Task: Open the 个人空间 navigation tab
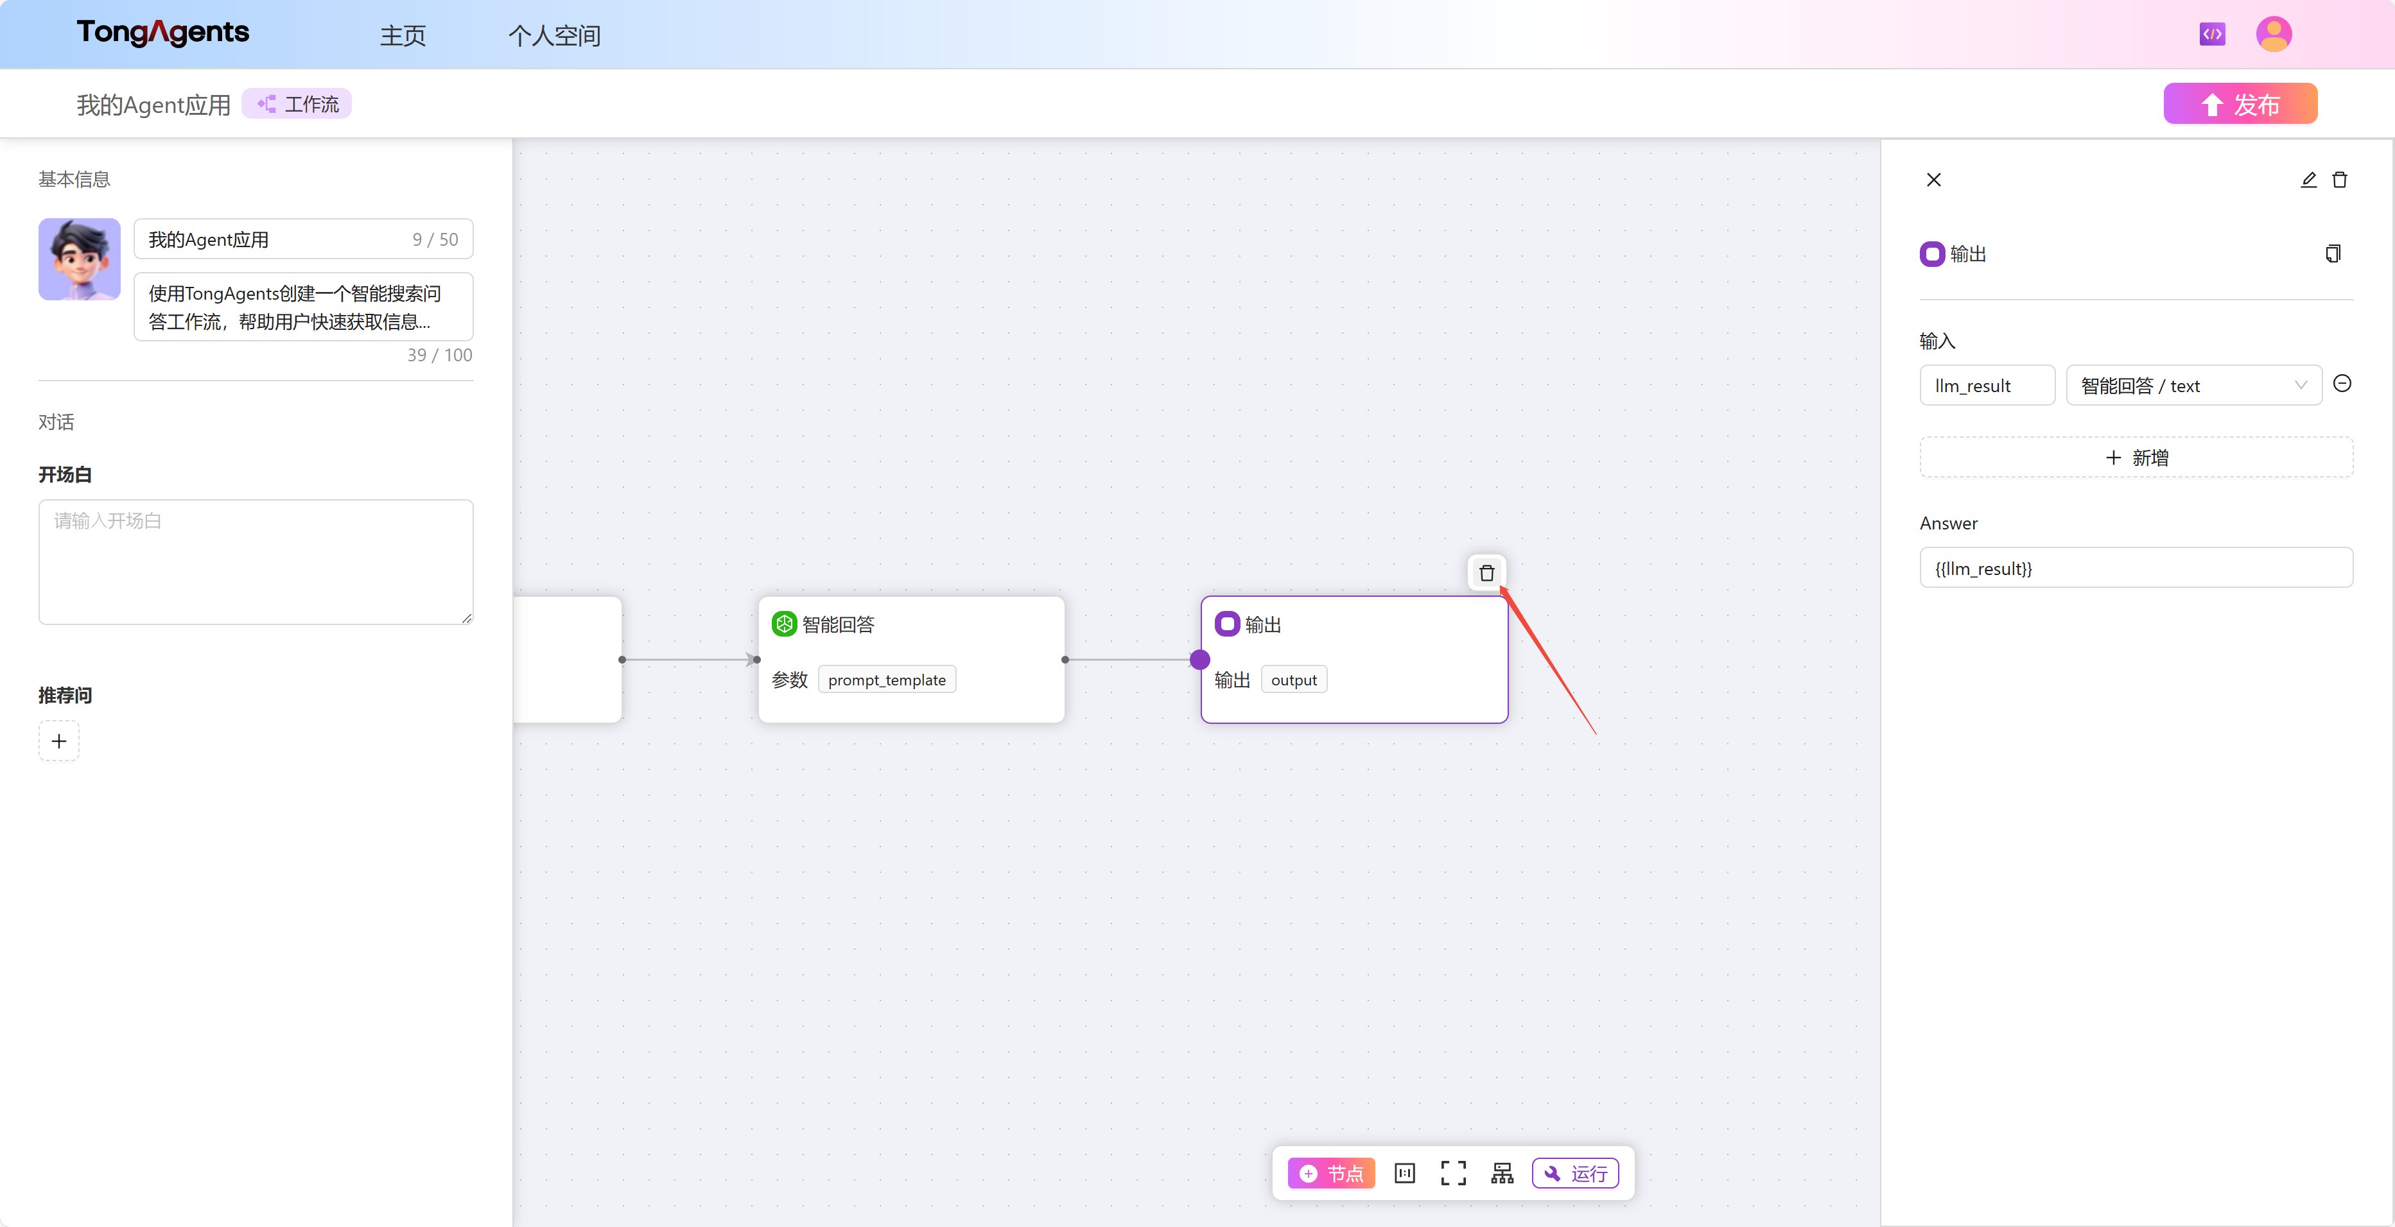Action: point(554,35)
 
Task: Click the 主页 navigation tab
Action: point(403,35)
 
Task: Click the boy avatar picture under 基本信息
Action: point(79,259)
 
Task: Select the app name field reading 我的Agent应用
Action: point(303,239)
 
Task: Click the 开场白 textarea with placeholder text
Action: point(256,562)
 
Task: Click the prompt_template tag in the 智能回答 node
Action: point(887,680)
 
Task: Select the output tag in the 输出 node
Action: point(1293,680)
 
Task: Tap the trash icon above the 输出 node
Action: point(1486,572)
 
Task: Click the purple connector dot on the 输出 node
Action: point(1200,660)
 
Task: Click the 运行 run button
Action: point(1575,1173)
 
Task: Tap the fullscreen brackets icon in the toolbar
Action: point(1453,1173)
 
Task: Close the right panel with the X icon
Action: point(1934,180)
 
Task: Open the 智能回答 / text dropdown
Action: point(2193,385)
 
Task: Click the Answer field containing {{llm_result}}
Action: point(2136,568)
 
